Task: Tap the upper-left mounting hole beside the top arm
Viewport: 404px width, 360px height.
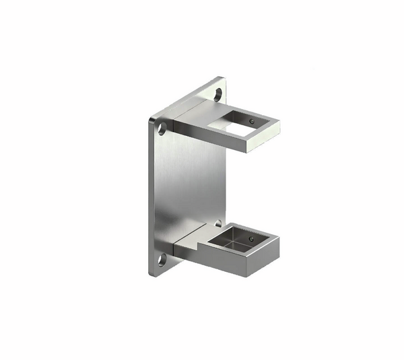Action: pyautogui.click(x=162, y=127)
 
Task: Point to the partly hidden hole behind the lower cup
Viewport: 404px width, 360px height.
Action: pyautogui.click(x=217, y=223)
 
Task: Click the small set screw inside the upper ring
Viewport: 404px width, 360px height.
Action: pyautogui.click(x=251, y=122)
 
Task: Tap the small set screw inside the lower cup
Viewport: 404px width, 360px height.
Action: pyautogui.click(x=250, y=238)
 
